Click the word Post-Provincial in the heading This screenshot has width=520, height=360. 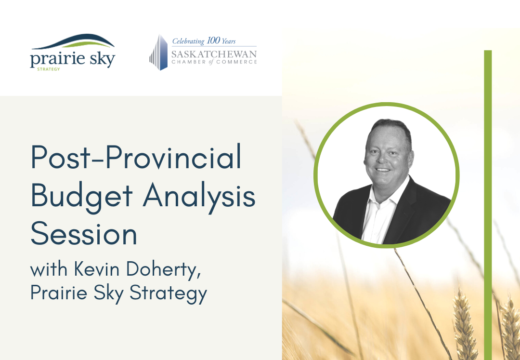pos(136,157)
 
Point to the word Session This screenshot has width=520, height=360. pos(84,233)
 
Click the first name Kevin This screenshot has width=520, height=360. pos(96,269)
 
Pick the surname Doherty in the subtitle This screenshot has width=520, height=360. pos(164,270)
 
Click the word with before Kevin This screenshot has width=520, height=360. pos(49,269)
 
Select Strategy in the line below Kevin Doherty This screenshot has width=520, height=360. pos(168,293)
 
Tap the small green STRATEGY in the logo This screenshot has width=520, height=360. pos(49,69)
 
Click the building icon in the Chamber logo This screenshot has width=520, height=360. pos(158,53)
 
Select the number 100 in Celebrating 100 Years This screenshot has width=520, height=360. pos(213,40)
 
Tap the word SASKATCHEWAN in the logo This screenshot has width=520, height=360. pos(214,54)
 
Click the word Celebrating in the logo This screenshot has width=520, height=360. pos(188,41)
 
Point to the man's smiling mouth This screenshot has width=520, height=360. pos(383,170)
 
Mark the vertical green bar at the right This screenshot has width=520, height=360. pos(488,205)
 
